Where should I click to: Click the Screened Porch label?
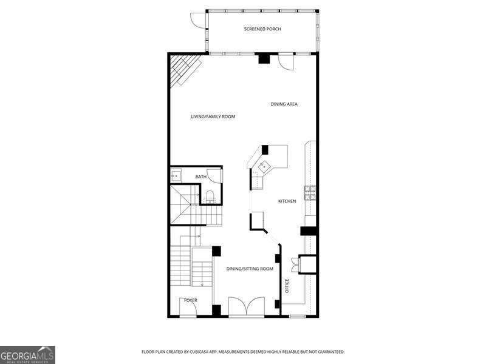262,29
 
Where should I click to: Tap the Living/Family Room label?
213,116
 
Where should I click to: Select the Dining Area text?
284,104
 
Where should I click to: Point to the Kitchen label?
287,201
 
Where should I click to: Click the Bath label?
201,177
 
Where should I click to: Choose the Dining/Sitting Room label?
250,269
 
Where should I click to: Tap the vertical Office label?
287,286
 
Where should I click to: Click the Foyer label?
191,300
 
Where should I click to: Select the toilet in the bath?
210,197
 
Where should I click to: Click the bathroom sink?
176,175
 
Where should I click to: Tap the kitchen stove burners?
310,192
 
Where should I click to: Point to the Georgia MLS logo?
27,355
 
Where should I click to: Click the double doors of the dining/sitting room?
247,306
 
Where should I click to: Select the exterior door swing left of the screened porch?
198,20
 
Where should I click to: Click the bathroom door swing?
214,176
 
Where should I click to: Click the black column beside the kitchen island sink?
265,150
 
